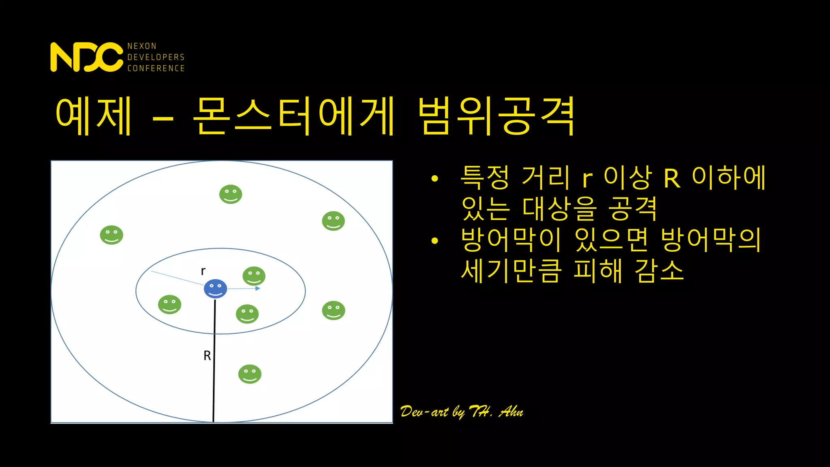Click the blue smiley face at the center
[x=215, y=289]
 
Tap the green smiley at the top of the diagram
[x=231, y=194]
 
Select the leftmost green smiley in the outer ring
[x=111, y=235]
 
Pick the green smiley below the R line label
[x=250, y=374]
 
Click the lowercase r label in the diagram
[x=203, y=271]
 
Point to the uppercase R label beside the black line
[x=207, y=356]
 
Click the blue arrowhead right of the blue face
[x=258, y=288]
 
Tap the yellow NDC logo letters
[x=86, y=57]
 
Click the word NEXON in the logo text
[x=142, y=46]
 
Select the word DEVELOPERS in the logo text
[x=156, y=57]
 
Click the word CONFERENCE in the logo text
[x=156, y=68]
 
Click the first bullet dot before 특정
[x=435, y=178]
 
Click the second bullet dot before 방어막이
[x=435, y=241]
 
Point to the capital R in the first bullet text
[x=672, y=179]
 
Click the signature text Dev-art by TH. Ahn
[x=462, y=412]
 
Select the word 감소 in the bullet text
[x=659, y=270]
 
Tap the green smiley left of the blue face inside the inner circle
[x=169, y=304]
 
